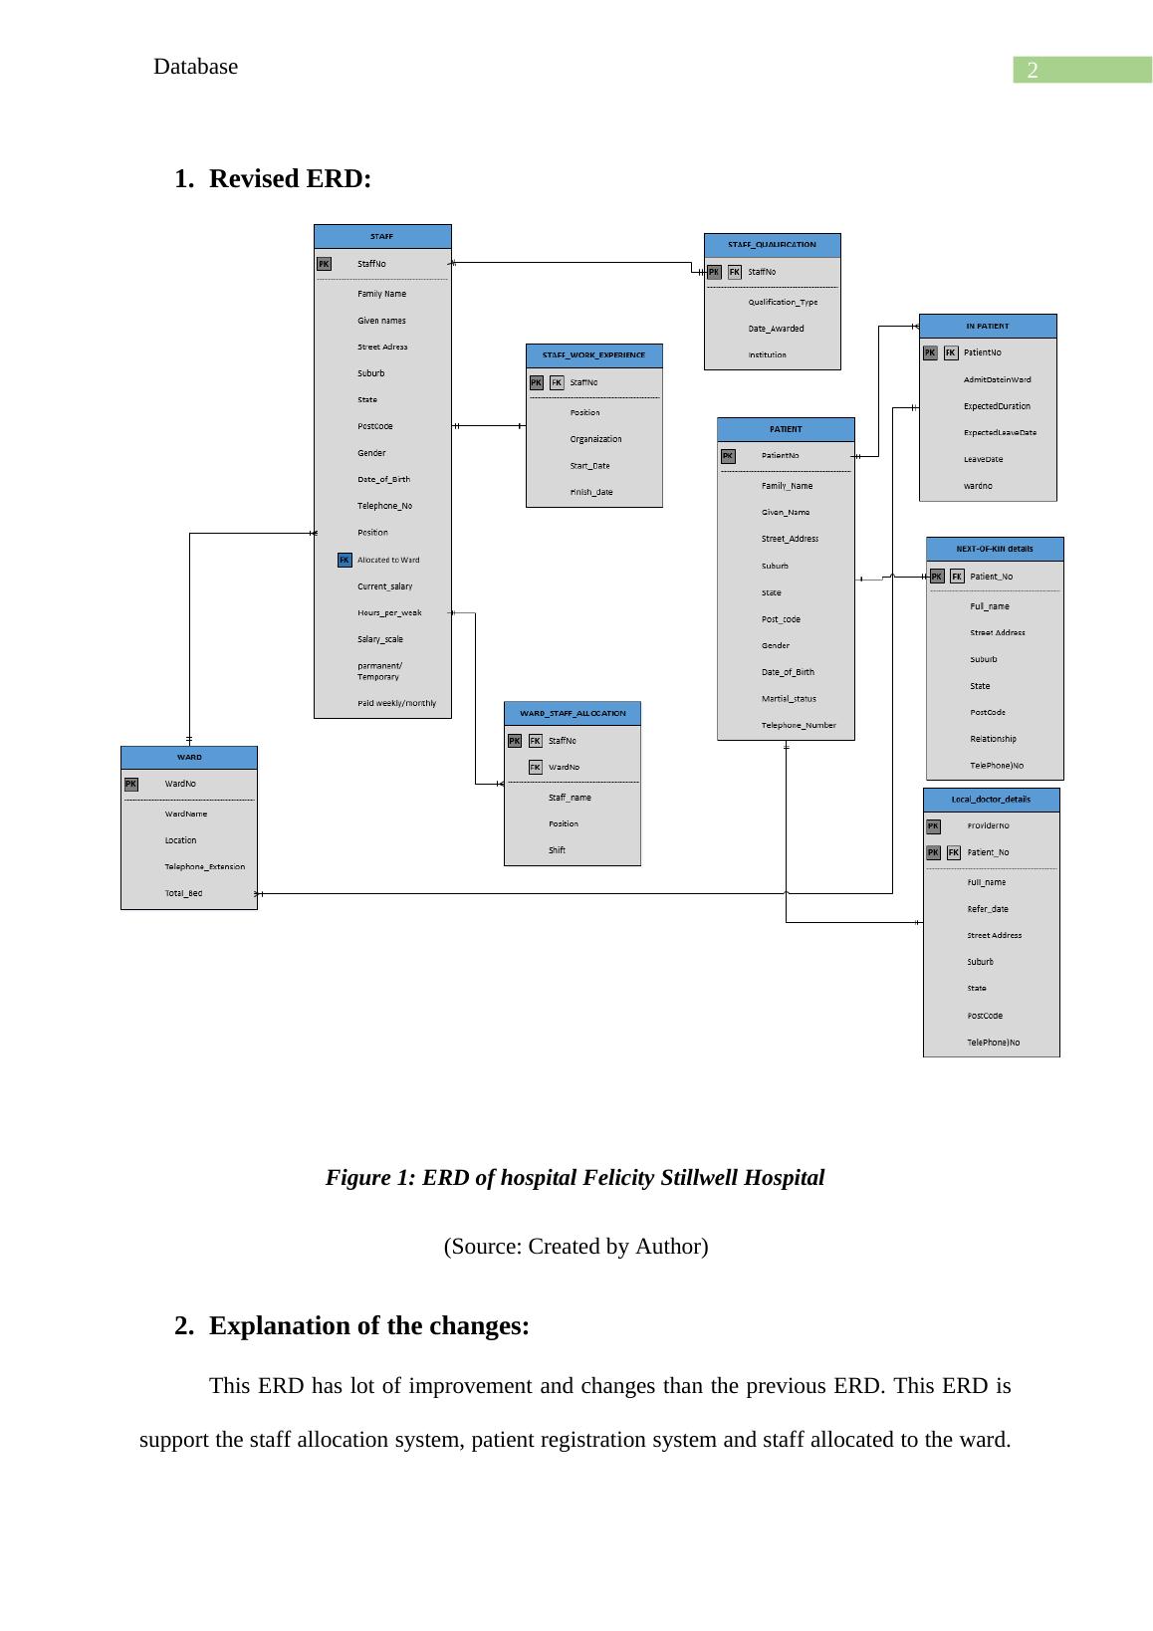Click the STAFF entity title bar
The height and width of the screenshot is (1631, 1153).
[382, 237]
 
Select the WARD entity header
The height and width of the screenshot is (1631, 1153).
[189, 758]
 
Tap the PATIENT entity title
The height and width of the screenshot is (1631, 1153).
[786, 429]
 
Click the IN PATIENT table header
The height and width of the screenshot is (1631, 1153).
[987, 327]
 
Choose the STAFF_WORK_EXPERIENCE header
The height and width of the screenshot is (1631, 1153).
[593, 355]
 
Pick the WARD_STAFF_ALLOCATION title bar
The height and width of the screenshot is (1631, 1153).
[573, 713]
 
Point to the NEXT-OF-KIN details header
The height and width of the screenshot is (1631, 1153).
[994, 549]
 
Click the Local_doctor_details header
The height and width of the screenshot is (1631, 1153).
[991, 800]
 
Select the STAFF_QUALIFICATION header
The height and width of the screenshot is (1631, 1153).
[772, 245]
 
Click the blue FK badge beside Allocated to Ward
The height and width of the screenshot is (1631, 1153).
[345, 560]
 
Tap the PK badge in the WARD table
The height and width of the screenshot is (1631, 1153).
[131, 784]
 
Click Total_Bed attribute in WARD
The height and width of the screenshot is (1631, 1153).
[183, 893]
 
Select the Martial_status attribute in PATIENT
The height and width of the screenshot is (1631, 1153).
[789, 698]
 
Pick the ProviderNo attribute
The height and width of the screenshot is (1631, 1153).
[988, 825]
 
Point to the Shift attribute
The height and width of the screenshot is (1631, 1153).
[557, 850]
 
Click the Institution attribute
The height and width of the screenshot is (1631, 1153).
[767, 354]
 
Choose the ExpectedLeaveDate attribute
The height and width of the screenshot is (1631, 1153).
[1000, 432]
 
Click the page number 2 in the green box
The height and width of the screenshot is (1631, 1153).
[1033, 71]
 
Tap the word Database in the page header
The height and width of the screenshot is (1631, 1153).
[196, 67]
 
